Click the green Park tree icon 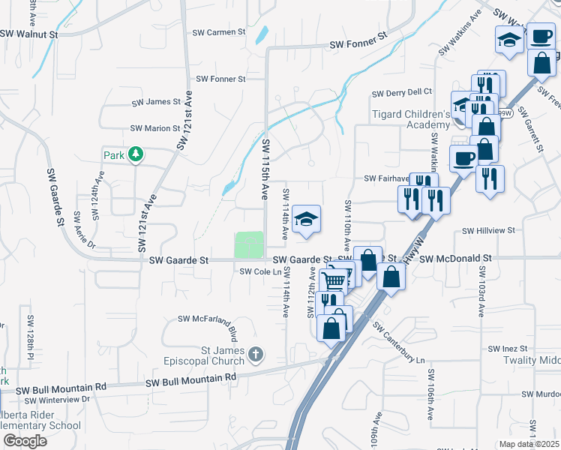[x=136, y=154]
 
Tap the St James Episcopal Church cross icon [x=256, y=353]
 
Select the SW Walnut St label [x=29, y=34]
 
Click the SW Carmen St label [x=219, y=32]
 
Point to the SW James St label [x=156, y=102]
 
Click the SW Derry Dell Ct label [x=403, y=92]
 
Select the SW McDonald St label [x=455, y=258]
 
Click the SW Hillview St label [x=489, y=231]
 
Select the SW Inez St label [x=509, y=349]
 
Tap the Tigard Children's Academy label [x=411, y=119]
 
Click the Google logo [x=25, y=440]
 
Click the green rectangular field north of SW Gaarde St [x=250, y=244]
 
